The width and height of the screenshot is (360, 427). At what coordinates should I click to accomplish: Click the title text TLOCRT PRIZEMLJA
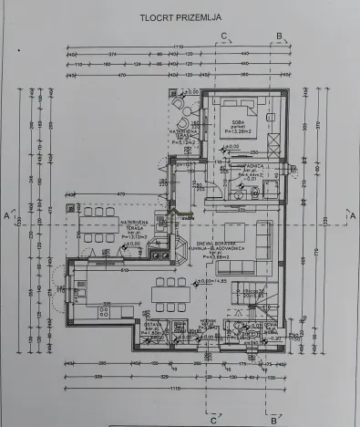(180, 17)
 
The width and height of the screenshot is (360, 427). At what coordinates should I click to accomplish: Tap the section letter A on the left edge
(7, 215)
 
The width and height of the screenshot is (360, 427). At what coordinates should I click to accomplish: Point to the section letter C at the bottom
(213, 420)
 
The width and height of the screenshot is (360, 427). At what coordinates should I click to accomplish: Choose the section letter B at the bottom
(273, 420)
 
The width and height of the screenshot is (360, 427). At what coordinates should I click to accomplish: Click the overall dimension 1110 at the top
(179, 46)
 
